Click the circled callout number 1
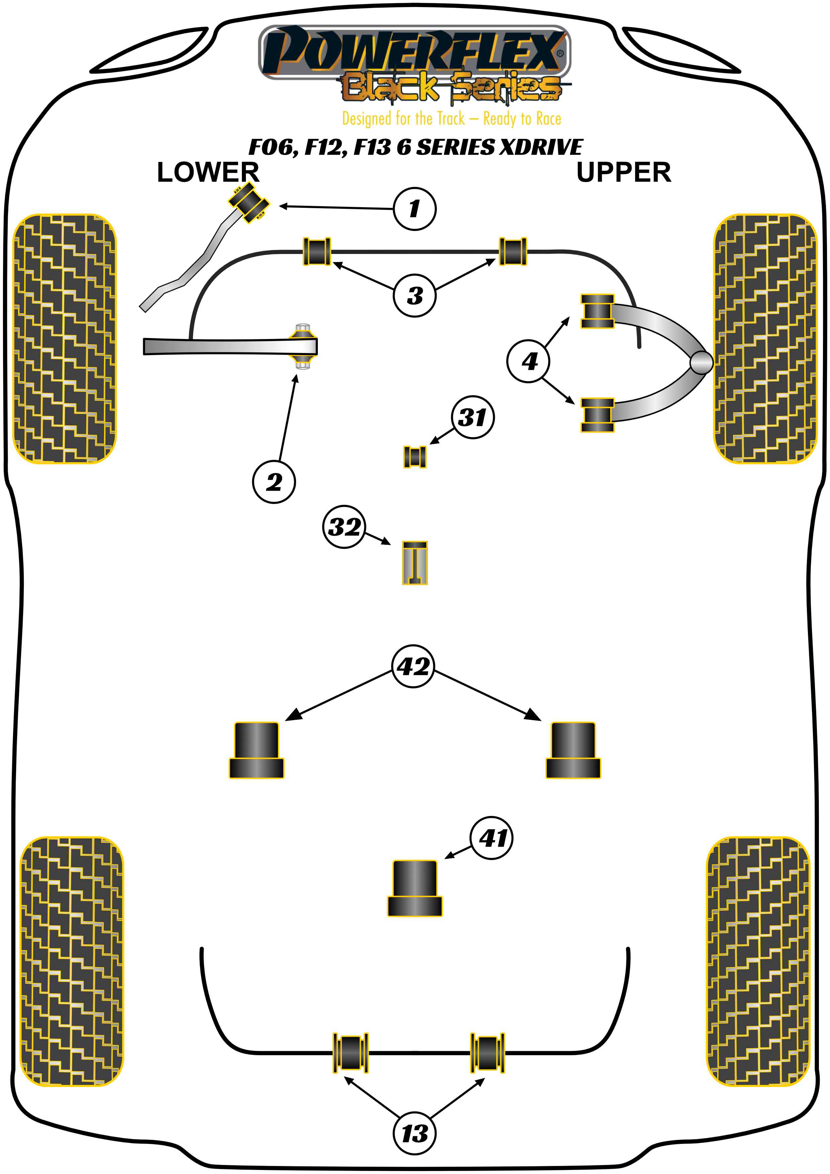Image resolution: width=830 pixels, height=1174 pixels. tap(414, 208)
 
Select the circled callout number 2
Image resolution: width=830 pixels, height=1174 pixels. tap(274, 482)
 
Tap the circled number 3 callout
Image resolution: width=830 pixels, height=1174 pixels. tap(414, 295)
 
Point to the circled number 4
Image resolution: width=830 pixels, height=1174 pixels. tap(529, 361)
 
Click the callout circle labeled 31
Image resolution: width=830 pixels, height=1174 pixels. tap(473, 417)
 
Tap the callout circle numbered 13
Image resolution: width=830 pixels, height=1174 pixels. tap(414, 1133)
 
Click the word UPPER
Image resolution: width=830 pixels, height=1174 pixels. tap(624, 172)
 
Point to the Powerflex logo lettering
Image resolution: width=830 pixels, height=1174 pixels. tap(414, 51)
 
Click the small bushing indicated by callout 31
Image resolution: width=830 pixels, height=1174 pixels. tap(414, 456)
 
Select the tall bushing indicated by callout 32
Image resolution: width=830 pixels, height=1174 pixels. tap(414, 563)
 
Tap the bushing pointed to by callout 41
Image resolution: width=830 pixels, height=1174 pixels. tap(414, 889)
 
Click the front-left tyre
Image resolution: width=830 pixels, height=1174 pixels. tap(64, 338)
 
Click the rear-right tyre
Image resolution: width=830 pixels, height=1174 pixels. tap(758, 961)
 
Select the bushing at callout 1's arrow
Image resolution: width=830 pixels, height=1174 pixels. tap(249, 203)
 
